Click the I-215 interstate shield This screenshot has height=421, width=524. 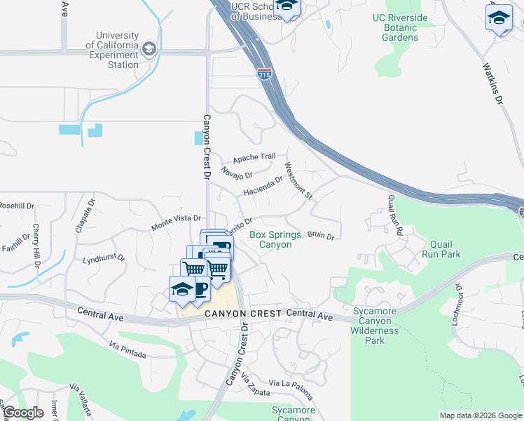click(x=265, y=74)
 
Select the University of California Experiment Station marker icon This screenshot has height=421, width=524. click(x=149, y=49)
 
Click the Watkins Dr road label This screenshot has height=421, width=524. click(x=493, y=84)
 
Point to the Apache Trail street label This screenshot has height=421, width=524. click(x=254, y=157)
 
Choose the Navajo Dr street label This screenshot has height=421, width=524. click(x=235, y=173)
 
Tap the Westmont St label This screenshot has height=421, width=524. click(x=298, y=180)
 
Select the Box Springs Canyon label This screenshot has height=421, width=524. click(x=275, y=239)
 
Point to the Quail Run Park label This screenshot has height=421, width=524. click(x=441, y=249)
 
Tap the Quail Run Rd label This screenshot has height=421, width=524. click(x=394, y=215)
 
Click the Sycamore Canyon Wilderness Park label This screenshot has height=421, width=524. click(x=375, y=326)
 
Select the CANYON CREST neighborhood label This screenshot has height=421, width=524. click(x=242, y=313)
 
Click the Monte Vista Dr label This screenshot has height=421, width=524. click(x=177, y=223)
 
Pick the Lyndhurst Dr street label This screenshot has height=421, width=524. click(x=103, y=258)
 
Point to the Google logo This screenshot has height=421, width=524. click(x=23, y=413)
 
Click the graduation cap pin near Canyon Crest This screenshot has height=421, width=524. click(x=182, y=289)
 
